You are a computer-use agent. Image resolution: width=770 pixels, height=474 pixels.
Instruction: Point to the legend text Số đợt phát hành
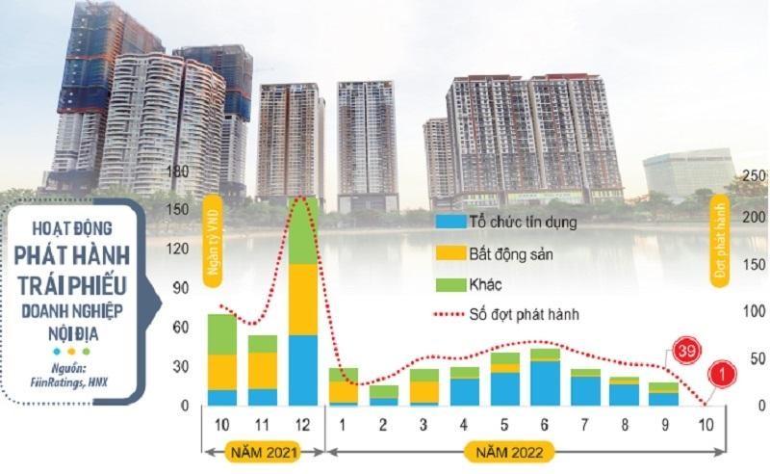(530, 314)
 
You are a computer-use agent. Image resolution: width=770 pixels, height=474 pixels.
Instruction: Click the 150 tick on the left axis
(177, 208)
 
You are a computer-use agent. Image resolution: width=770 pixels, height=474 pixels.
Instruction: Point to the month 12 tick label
(304, 425)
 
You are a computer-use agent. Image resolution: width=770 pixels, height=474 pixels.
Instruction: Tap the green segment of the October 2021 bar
(222, 333)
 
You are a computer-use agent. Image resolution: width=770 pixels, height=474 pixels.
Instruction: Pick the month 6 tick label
(545, 425)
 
